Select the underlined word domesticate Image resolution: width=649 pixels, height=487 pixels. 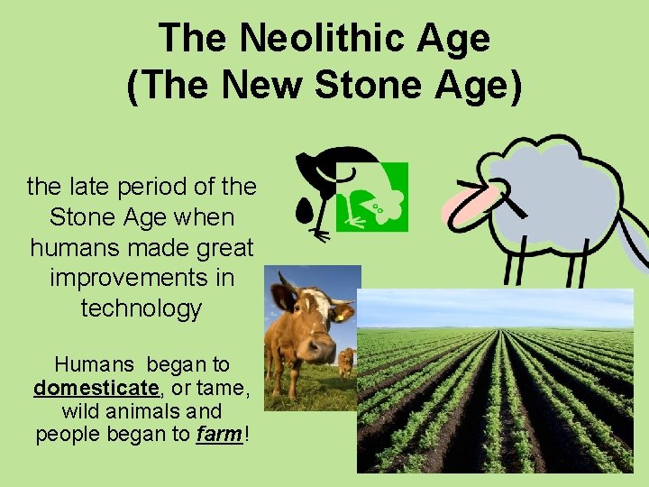click(96, 390)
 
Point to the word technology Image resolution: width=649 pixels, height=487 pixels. click(142, 308)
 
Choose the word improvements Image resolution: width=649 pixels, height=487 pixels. click(142, 278)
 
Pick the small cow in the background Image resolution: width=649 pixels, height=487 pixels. click(346, 362)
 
